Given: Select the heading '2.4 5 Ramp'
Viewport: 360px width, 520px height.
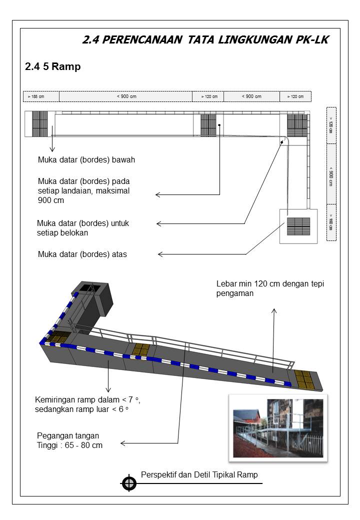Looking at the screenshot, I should [52, 66].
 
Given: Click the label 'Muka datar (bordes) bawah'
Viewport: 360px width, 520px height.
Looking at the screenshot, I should [86, 160].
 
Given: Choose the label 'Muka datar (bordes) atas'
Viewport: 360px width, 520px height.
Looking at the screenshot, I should [82, 254].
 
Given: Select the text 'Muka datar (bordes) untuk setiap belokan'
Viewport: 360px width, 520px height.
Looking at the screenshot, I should [83, 228].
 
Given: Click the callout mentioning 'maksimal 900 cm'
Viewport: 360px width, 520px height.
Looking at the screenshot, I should [84, 190].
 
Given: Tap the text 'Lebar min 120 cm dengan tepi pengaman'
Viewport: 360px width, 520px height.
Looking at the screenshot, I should [270, 288].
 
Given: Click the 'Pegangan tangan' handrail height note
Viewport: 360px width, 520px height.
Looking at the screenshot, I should [69, 440].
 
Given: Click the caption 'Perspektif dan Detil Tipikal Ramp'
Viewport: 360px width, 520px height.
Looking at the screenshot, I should [199, 474].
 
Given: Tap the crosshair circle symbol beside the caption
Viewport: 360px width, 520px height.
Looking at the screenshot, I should [129, 483].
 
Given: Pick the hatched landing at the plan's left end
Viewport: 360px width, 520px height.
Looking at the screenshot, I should [40, 123].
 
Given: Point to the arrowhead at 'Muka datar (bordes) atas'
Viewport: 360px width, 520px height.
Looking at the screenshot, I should [160, 254].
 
